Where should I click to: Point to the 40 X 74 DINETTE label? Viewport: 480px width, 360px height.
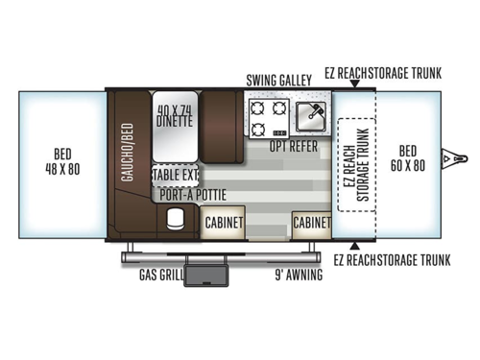(176, 115)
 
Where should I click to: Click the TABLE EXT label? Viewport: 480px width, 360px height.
(175, 176)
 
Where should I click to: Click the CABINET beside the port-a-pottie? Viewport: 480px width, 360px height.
(223, 221)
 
